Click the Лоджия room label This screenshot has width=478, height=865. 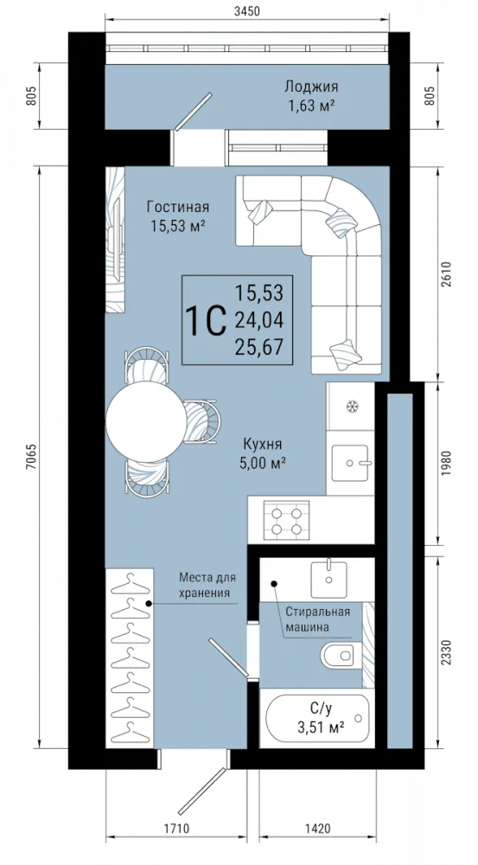(x=311, y=86)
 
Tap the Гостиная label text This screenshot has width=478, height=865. (x=178, y=207)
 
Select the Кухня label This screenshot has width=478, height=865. (x=263, y=444)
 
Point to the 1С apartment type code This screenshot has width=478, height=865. (x=207, y=320)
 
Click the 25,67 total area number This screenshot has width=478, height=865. (x=258, y=347)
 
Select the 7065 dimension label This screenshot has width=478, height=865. (x=31, y=456)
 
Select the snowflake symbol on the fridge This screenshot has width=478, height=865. (x=351, y=407)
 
